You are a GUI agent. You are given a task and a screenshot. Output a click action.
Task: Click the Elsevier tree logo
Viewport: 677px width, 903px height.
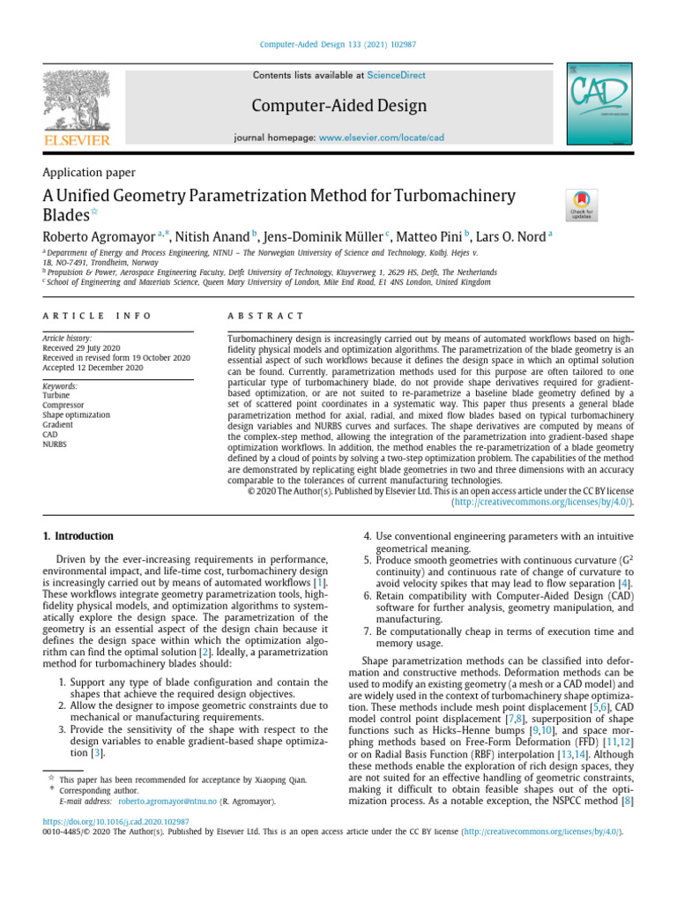(x=78, y=105)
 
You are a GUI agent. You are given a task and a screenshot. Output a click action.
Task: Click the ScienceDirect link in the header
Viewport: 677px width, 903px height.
(x=396, y=76)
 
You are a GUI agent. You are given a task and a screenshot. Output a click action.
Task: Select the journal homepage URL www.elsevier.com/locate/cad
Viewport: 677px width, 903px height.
(x=381, y=138)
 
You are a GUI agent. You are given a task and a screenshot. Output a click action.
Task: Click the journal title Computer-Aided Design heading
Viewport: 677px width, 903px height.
(x=338, y=107)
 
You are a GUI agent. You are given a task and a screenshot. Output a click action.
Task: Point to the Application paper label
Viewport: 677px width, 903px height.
(x=89, y=173)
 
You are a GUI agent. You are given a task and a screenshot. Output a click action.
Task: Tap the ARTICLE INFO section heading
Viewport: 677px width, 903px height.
(x=97, y=316)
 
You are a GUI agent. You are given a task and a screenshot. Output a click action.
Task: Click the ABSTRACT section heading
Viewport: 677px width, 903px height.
(x=265, y=316)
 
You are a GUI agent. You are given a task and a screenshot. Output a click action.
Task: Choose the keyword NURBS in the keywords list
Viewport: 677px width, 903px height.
(x=56, y=444)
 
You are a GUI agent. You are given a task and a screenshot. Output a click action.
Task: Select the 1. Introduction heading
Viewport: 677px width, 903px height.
(x=78, y=536)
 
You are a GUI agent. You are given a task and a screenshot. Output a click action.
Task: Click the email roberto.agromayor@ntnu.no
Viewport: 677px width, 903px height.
(x=167, y=802)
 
